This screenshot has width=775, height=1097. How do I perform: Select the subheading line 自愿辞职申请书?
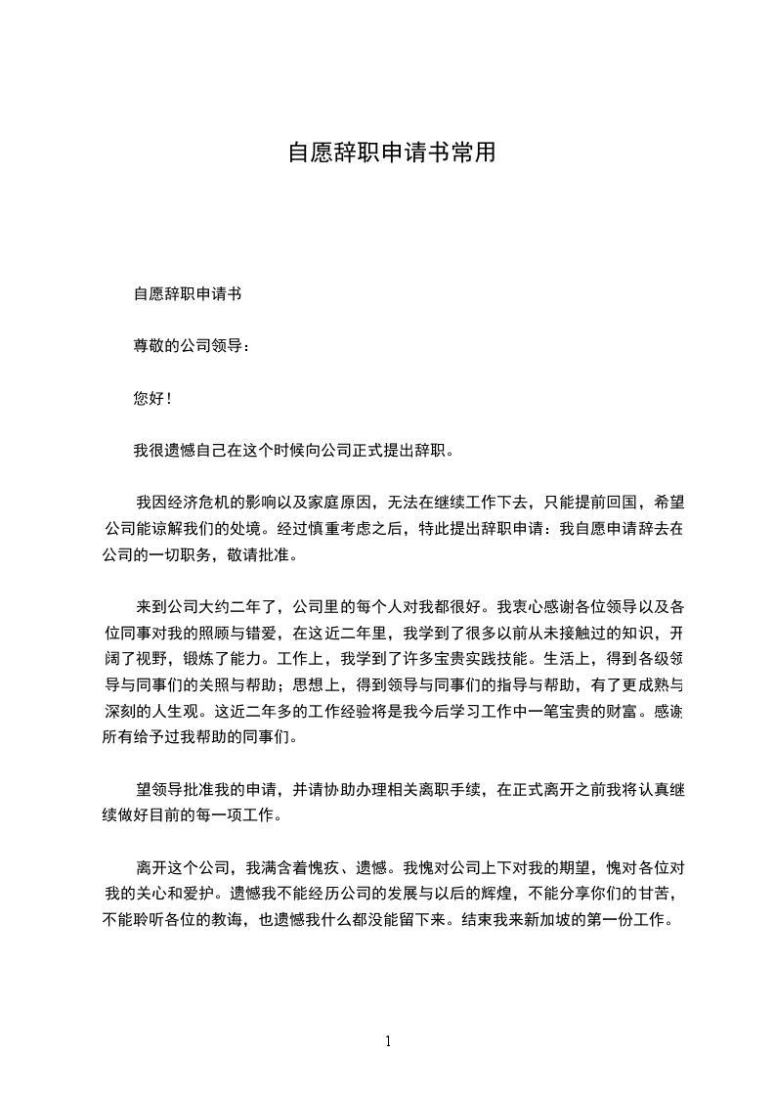tap(188, 293)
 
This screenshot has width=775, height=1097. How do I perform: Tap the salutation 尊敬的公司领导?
tap(187, 346)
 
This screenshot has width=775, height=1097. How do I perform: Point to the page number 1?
tap(388, 1040)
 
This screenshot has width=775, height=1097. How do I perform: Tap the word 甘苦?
tap(651, 894)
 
